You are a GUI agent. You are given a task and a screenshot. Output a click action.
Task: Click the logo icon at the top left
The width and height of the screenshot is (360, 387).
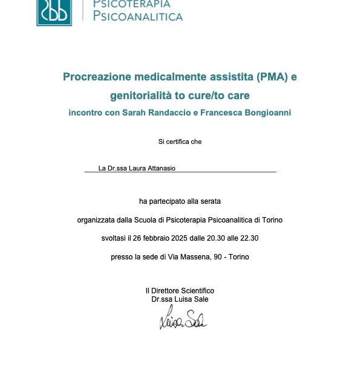tap(54, 11)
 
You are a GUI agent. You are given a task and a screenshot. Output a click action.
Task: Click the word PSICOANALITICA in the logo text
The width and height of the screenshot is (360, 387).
tap(137, 16)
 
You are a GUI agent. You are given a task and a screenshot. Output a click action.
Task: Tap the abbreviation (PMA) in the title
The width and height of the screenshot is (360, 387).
tap(272, 77)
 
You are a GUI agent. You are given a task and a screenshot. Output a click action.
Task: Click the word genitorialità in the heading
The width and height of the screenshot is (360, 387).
tap(137, 96)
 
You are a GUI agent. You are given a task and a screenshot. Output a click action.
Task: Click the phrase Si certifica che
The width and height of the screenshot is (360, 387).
tap(180, 141)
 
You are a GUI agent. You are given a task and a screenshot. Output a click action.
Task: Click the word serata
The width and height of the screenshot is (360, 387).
tap(210, 201)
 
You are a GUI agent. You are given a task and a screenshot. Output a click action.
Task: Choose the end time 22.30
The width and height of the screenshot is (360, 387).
tap(249, 238)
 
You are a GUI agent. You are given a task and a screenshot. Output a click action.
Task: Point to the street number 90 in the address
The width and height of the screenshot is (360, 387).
tap(217, 257)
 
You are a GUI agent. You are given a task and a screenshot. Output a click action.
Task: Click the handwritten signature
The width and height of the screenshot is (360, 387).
tap(183, 319)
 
